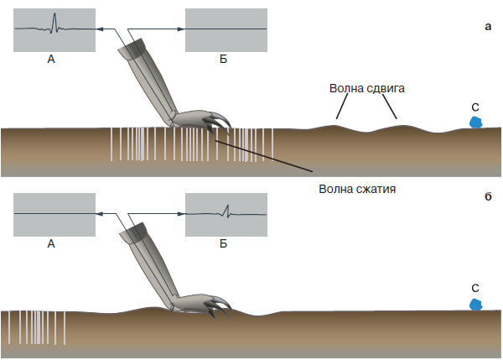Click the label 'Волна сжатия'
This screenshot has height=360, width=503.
tap(357, 189)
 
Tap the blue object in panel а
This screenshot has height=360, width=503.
tap(475, 122)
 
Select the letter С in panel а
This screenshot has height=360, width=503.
tap(474, 107)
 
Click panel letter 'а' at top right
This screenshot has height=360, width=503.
tap(489, 28)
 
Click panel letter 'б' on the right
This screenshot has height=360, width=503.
tap(488, 197)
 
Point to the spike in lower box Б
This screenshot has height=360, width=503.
tap(226, 209)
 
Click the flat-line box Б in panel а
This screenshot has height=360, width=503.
tap(226, 30)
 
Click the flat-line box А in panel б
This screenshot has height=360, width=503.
tap(54, 215)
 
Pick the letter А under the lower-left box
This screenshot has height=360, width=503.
tap(52, 244)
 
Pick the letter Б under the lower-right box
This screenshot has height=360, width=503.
tap(224, 244)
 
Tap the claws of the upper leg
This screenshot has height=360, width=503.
tap(214, 124)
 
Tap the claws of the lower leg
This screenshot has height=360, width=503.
tap(216, 305)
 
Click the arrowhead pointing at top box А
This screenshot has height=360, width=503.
tap(99, 30)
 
